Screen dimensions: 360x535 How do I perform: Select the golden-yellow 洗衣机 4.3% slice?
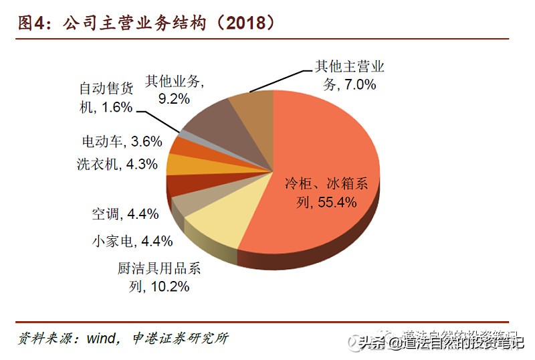[x=178, y=163]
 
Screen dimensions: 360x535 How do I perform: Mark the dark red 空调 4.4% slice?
[x=179, y=183]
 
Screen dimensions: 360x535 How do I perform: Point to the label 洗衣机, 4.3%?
[x=117, y=164]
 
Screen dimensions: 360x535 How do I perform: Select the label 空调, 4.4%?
[x=125, y=214]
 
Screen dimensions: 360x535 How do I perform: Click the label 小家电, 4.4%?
[x=132, y=241]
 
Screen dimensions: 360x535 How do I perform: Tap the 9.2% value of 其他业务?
[x=174, y=98]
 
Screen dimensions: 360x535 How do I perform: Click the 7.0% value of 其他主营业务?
[x=358, y=84]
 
